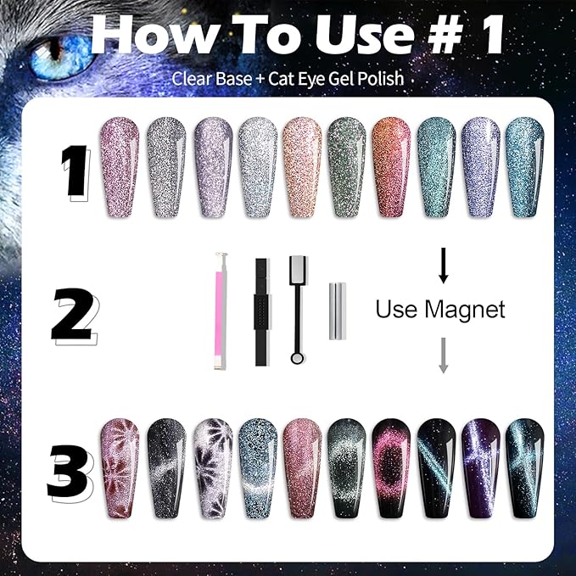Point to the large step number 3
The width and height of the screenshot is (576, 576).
[x=69, y=472]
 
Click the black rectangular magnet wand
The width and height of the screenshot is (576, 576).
[x=261, y=310]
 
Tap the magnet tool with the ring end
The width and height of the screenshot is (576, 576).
[x=297, y=310]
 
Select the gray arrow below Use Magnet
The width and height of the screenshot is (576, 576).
[x=442, y=354]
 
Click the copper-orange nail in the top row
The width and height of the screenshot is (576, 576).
[x=391, y=167]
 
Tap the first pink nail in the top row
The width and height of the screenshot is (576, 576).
[x=120, y=167]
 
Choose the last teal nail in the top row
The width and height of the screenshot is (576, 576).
[x=524, y=167]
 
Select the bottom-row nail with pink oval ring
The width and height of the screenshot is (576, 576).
[x=391, y=468]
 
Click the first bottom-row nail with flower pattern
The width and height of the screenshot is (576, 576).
[x=120, y=468]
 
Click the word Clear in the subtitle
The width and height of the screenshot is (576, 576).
[x=189, y=79]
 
